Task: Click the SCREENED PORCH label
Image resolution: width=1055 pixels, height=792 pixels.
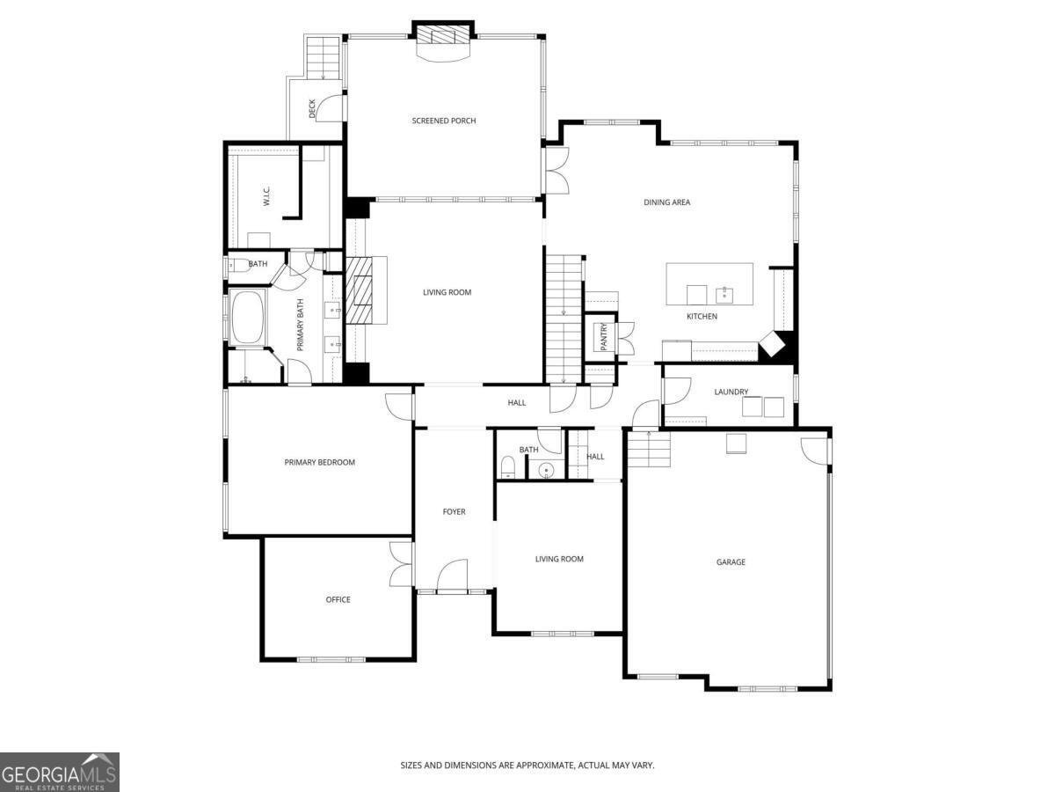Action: pos(444,121)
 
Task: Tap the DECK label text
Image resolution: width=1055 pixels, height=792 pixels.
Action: pos(312,108)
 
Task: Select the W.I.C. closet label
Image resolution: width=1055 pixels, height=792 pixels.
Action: pos(266,198)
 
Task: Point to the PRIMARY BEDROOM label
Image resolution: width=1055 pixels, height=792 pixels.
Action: pos(319,462)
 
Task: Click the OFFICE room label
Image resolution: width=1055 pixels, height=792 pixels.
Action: pos(338,599)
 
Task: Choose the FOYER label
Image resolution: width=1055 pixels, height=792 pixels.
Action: pos(454,511)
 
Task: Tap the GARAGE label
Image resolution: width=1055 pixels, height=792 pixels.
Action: pos(731,561)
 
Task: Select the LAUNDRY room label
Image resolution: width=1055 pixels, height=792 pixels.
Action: pos(731,392)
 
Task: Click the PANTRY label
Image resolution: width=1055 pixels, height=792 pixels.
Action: pos(604,336)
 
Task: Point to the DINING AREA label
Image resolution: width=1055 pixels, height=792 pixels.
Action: pos(667,202)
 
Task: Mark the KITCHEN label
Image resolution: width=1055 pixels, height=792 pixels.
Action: pos(702,316)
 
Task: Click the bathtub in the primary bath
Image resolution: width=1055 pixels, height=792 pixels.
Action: pos(247,317)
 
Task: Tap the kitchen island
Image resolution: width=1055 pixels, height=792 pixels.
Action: pos(709,283)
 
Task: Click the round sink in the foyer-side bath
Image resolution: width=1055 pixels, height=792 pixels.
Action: pos(547,470)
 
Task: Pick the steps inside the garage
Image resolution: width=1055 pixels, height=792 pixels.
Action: pos(649,454)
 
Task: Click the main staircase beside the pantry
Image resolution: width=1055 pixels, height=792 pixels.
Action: pos(564,317)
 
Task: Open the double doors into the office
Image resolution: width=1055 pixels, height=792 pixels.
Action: pos(401,564)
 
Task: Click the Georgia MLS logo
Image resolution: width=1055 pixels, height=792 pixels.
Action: pos(59,772)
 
